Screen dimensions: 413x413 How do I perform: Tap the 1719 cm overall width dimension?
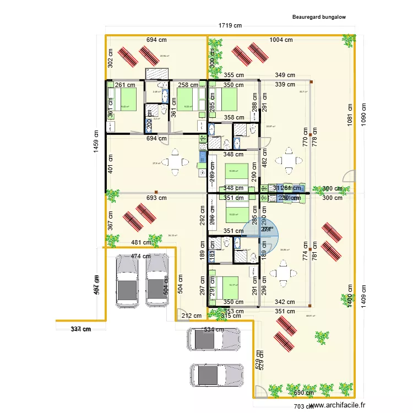[x=230, y=25]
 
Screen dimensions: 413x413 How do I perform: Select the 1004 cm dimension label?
[x=281, y=40]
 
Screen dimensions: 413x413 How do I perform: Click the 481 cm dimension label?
[x=141, y=242]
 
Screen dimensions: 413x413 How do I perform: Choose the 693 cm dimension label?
[x=156, y=198]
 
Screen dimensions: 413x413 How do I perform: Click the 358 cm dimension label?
[x=234, y=118]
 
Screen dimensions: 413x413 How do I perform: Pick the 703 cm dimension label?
[x=302, y=406]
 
